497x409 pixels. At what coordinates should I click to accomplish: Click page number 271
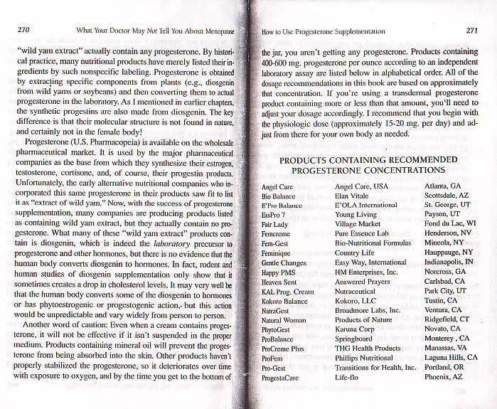[471, 31]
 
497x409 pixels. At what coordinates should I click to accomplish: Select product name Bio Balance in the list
[277, 196]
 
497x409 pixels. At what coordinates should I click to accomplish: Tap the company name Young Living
[357, 213]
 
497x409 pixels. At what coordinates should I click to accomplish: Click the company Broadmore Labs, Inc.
[368, 310]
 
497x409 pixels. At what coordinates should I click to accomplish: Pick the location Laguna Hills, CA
[451, 357]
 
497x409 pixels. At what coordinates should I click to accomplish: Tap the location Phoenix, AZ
[443, 376]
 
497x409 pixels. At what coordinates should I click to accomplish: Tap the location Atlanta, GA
[442, 186]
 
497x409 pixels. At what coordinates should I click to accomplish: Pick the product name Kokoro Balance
[286, 302]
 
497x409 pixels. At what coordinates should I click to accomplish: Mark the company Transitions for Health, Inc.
[375, 368]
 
